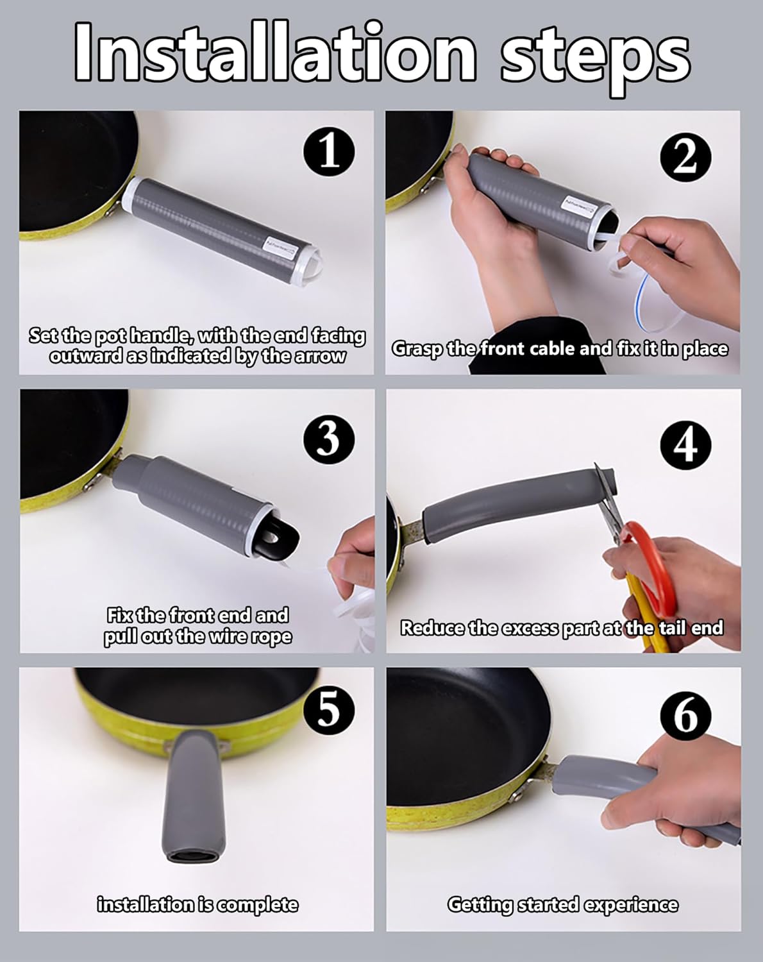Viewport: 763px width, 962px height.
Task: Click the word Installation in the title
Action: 276,53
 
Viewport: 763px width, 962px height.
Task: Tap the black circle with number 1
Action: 329,152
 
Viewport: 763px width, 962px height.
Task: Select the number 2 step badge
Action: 685,156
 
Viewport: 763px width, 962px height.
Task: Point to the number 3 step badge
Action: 329,439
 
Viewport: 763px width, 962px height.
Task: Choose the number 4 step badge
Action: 685,444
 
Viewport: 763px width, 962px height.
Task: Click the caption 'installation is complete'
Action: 197,904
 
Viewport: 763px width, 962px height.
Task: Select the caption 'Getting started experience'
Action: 562,904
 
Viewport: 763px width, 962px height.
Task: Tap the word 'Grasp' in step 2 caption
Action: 417,349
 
